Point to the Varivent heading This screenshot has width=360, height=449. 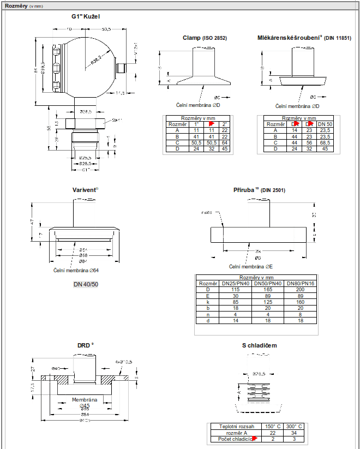85,190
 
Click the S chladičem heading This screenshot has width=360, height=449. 259,345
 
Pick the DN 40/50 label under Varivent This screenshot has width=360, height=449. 86,284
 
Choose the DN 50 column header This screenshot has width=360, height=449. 325,124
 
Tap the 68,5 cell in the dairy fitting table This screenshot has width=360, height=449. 325,142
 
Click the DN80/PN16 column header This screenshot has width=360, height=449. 301,284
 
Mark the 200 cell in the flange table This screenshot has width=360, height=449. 301,290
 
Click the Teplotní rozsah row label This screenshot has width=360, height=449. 236,426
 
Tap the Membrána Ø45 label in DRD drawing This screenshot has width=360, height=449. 85,403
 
